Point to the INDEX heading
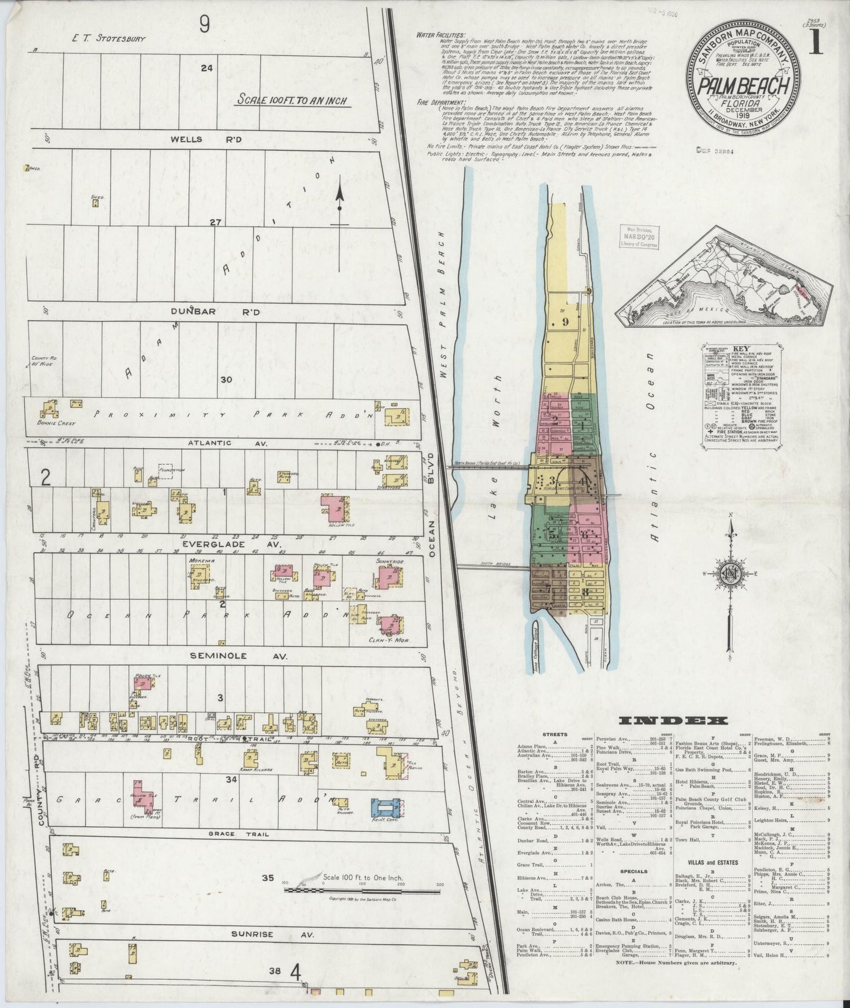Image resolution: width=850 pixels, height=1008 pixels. click(x=673, y=721)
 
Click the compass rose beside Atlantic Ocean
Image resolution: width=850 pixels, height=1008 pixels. click(x=730, y=574)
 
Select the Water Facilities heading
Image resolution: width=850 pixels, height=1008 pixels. click(x=440, y=35)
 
